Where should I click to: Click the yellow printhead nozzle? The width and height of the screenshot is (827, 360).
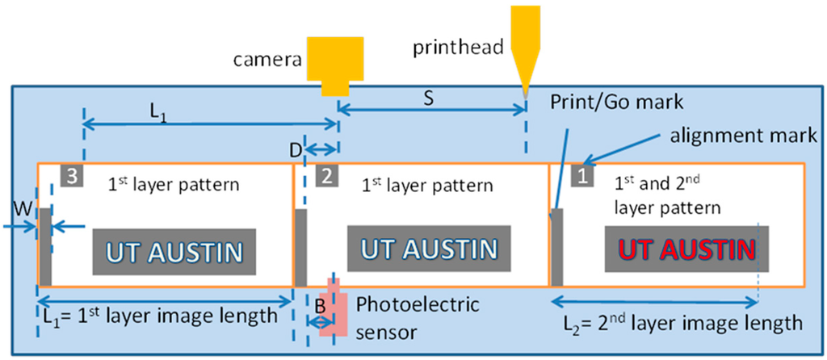(527, 48)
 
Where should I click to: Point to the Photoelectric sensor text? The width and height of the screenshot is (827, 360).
(418, 317)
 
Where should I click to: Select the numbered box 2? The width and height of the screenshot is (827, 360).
(325, 175)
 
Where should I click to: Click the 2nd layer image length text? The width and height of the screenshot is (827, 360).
(683, 324)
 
